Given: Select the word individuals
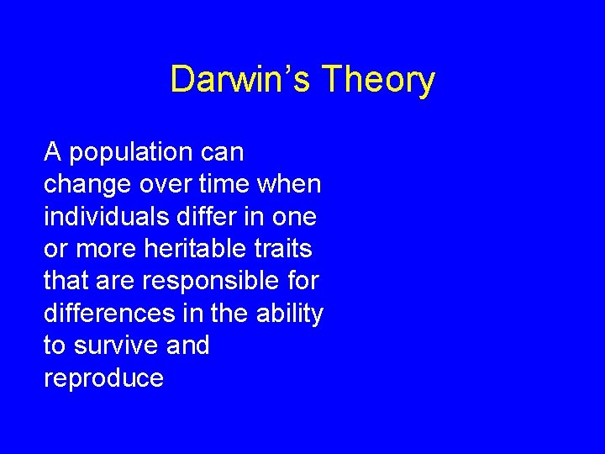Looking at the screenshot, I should pyautogui.click(x=106, y=216).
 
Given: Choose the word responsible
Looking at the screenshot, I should pyautogui.click(x=206, y=281).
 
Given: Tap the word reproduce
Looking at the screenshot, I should pyautogui.click(x=103, y=378).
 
